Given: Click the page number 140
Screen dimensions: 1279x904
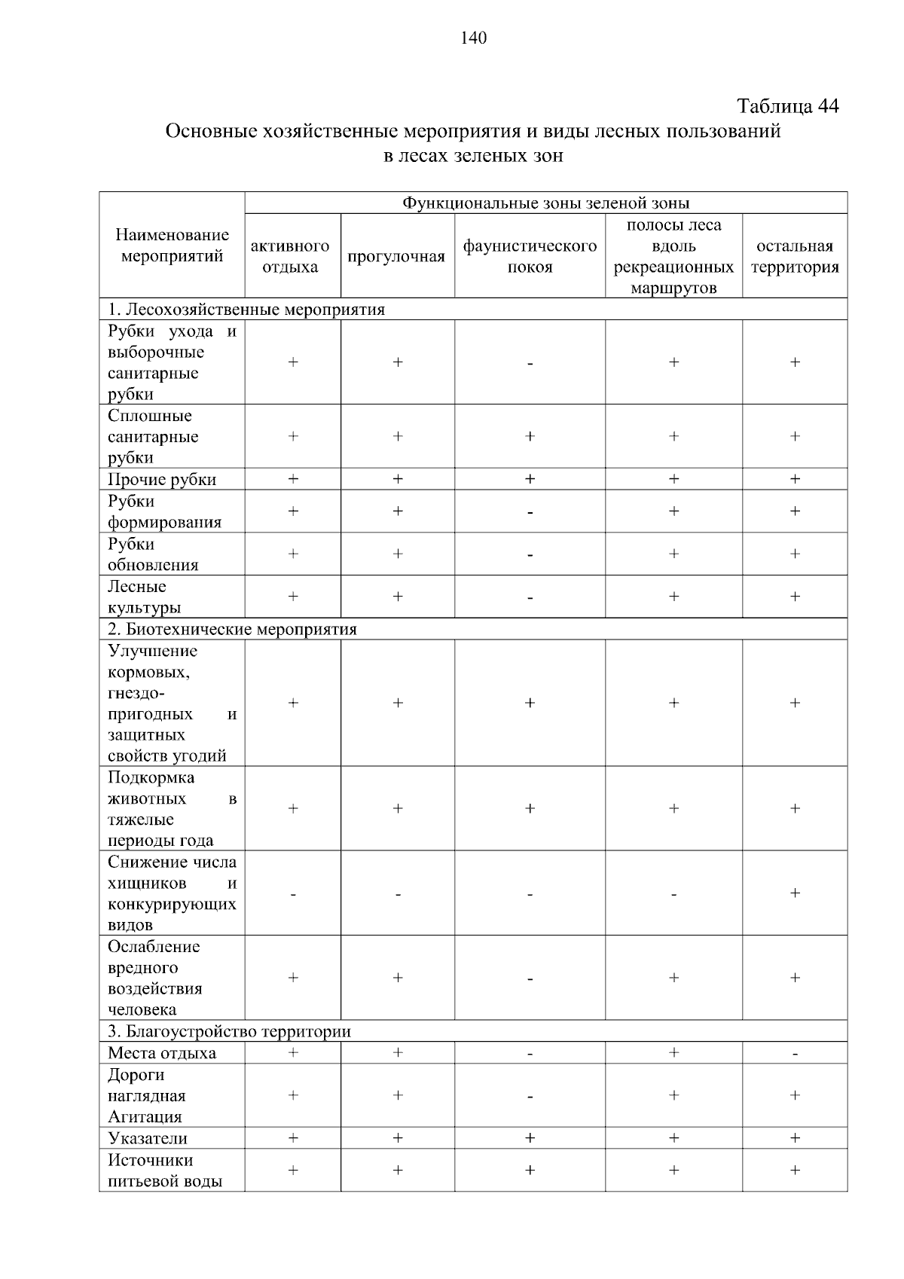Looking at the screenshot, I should pyautogui.click(x=474, y=38).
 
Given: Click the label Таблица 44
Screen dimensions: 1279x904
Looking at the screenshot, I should pyautogui.click(x=787, y=106).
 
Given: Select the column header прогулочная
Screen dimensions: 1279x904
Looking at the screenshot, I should pyautogui.click(x=396, y=257).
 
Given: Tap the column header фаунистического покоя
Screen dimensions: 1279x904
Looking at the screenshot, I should pyautogui.click(x=530, y=256).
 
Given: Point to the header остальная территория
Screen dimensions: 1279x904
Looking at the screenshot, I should pyautogui.click(x=795, y=256).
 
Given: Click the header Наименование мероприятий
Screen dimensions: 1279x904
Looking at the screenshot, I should pyautogui.click(x=172, y=246).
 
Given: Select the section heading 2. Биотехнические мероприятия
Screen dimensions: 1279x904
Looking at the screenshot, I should pyautogui.click(x=232, y=629).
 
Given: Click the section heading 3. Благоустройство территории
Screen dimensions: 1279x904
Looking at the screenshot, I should pyautogui.click(x=229, y=1031).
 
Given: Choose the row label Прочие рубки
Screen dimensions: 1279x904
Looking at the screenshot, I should pyautogui.click(x=162, y=480).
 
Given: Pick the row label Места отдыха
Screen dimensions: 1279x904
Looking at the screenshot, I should pyautogui.click(x=162, y=1053).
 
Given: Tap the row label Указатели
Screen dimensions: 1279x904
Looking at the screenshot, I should pyautogui.click(x=148, y=1138).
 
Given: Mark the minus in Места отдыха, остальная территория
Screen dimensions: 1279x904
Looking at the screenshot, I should pyautogui.click(x=795, y=1054).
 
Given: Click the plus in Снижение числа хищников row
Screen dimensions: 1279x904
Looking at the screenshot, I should pyautogui.click(x=795, y=893).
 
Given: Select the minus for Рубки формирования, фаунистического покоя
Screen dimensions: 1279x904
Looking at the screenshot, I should pyautogui.click(x=530, y=513).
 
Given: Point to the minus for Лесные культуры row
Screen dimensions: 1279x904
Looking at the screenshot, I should pyautogui.click(x=530, y=598).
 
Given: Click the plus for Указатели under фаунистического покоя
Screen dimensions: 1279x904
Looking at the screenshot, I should pyautogui.click(x=530, y=1138).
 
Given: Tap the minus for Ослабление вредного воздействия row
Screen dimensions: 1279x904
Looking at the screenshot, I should pyautogui.click(x=530, y=979).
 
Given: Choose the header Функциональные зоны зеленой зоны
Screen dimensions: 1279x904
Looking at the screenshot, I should pyautogui.click(x=545, y=203).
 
